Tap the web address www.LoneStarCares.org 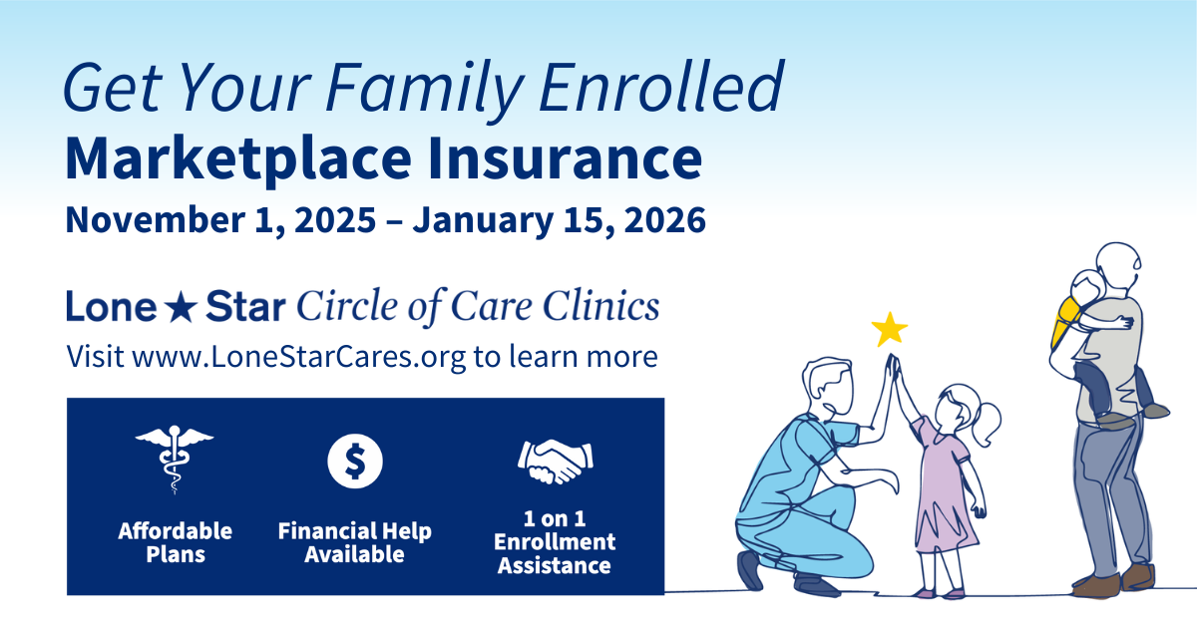[299, 357]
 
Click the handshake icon [555, 458]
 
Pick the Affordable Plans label [175, 541]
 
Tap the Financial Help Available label [355, 541]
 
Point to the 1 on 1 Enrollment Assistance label [555, 543]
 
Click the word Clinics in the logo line [608, 307]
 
